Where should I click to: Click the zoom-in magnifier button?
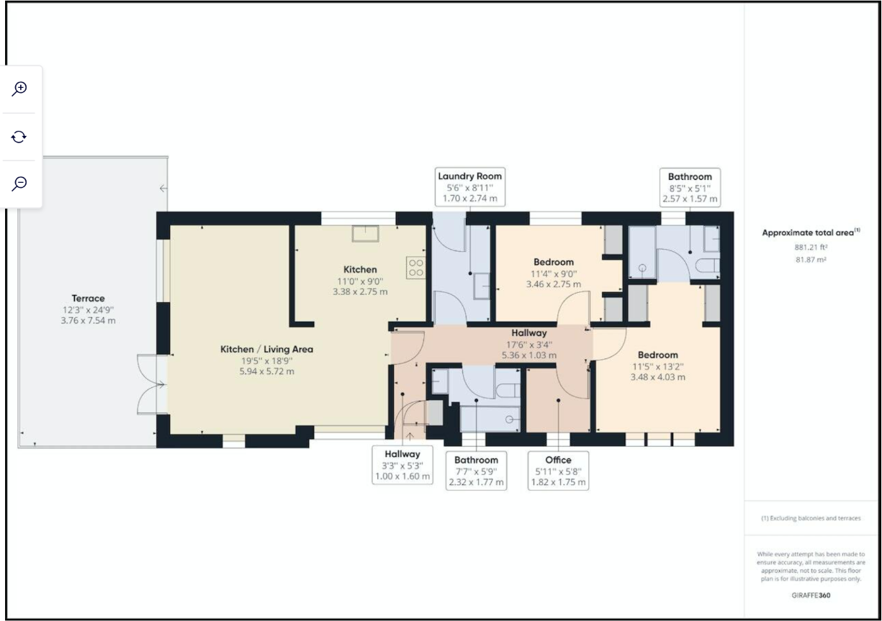[20, 89]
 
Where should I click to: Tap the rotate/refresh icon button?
[20, 136]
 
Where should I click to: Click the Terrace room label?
[88, 298]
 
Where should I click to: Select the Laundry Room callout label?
[469, 186]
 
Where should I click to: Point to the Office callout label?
[558, 471]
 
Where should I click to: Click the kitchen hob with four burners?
[416, 268]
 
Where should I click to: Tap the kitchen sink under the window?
[365, 233]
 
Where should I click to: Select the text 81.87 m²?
[811, 260]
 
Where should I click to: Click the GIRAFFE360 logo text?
[811, 596]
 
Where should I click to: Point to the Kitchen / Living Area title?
[266, 349]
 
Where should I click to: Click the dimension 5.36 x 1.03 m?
[529, 355]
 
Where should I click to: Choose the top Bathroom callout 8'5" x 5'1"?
[689, 187]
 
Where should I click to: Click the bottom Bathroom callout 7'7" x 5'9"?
[476, 471]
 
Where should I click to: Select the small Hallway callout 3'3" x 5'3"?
[402, 465]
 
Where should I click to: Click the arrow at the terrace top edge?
[163, 189]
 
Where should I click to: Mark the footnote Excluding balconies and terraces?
[811, 518]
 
